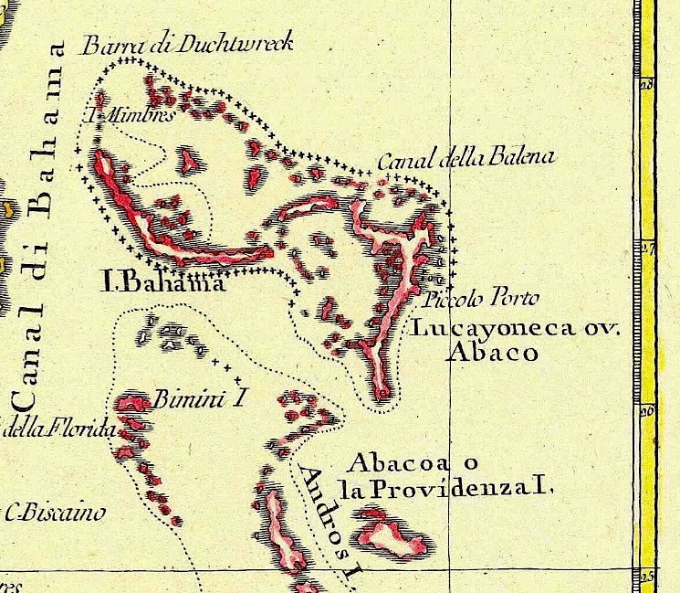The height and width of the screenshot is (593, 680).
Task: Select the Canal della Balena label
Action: pyautogui.click(x=466, y=160)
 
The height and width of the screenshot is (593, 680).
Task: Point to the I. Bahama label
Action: pyautogui.click(x=162, y=284)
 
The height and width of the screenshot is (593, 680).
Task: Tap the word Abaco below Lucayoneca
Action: pyautogui.click(x=494, y=354)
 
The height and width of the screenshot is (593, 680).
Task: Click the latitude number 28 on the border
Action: pyautogui.click(x=647, y=86)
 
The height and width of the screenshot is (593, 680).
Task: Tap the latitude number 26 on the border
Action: pyautogui.click(x=647, y=412)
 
